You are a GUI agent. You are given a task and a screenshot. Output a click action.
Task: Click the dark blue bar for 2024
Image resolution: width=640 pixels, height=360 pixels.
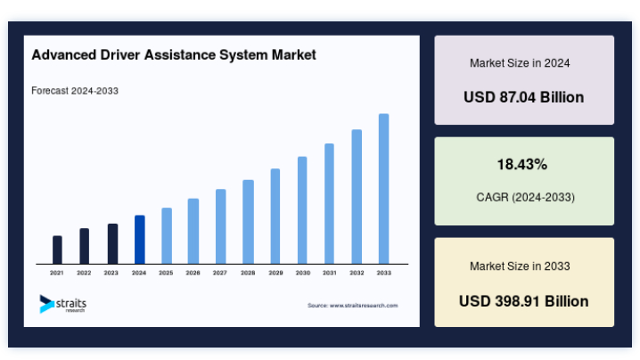click(140, 240)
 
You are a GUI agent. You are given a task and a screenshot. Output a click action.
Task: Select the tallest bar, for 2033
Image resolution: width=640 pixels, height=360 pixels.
click(383, 189)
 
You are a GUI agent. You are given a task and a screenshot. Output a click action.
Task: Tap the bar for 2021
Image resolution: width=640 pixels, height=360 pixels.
click(58, 250)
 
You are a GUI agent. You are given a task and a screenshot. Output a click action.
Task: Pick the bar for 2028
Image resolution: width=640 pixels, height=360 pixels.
click(248, 222)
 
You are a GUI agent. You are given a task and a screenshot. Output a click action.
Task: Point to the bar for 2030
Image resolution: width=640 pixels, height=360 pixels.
click(302, 210)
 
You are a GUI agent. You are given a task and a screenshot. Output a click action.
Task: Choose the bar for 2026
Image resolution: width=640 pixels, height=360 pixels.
click(193, 232)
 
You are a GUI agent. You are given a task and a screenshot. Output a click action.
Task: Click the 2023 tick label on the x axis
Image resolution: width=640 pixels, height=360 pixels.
click(111, 273)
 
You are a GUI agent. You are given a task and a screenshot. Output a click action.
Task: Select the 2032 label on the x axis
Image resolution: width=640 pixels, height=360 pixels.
click(357, 273)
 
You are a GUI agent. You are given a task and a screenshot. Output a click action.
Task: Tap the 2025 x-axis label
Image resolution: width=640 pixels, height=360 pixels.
click(166, 273)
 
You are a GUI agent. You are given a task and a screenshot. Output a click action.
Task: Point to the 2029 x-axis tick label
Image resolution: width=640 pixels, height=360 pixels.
click(275, 273)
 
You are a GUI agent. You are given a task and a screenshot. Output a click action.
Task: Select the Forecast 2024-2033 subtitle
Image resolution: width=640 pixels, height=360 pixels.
click(75, 91)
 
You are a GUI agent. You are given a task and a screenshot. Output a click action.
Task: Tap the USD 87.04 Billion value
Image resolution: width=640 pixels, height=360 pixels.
click(523, 97)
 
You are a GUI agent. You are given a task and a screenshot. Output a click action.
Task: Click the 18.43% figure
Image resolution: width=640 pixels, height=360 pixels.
click(522, 165)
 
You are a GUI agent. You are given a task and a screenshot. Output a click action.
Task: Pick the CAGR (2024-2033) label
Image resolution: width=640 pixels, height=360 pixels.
click(525, 198)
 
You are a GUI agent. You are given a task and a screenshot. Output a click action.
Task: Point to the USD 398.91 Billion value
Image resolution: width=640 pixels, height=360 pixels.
click(523, 301)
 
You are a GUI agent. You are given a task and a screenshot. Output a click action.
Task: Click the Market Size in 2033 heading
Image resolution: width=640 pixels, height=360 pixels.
click(520, 266)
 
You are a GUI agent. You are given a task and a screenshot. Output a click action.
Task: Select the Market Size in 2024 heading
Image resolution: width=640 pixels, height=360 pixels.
click(520, 63)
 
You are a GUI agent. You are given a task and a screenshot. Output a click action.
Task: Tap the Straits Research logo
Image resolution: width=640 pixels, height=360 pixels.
click(63, 304)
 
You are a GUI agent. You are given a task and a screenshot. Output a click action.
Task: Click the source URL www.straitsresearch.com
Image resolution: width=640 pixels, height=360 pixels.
click(364, 306)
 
